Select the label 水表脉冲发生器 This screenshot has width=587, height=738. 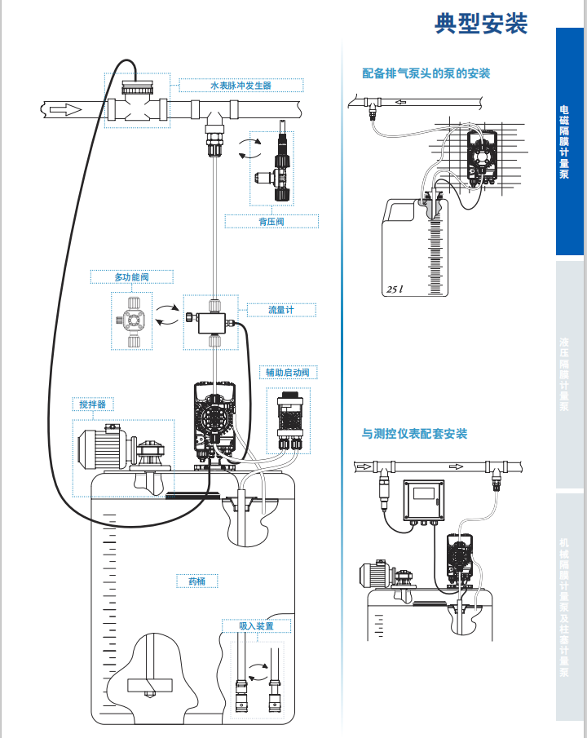click(241, 85)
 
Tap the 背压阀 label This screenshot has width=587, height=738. click(271, 221)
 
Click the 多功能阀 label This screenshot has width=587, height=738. click(131, 278)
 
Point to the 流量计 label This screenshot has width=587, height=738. click(280, 310)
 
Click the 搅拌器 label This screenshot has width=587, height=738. click(92, 404)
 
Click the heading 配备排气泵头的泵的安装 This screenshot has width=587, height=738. click(426, 73)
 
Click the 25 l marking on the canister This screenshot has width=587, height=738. click(395, 289)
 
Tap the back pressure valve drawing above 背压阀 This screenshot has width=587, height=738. click(276, 163)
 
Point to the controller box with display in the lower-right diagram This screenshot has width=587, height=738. click(425, 498)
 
